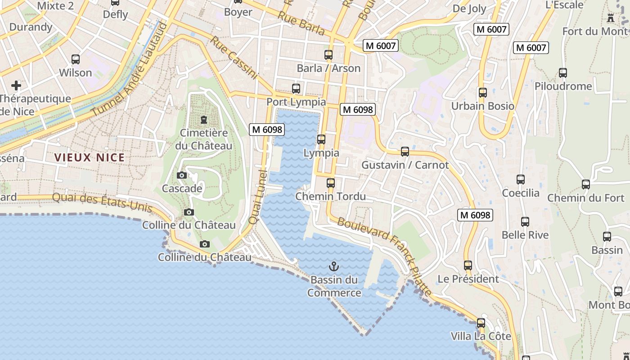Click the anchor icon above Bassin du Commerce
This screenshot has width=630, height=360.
click(x=333, y=266)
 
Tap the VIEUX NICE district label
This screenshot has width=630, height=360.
click(x=89, y=157)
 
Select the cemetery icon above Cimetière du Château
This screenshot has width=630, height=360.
click(x=204, y=120)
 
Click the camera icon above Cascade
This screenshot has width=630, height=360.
click(x=182, y=175)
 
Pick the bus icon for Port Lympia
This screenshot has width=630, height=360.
click(x=296, y=89)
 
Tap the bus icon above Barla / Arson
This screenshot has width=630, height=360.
click(x=328, y=55)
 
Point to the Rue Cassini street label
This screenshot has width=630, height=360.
click(x=234, y=58)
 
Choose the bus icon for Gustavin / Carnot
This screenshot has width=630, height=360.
click(x=405, y=152)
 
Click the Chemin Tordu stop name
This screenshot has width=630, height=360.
click(x=330, y=197)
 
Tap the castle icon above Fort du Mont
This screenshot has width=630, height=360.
click(x=611, y=18)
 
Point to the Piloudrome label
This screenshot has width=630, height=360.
click(x=563, y=86)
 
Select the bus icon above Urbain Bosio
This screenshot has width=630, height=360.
click(x=482, y=93)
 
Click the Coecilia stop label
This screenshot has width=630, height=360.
click(x=521, y=193)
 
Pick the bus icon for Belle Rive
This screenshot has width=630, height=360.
click(x=525, y=221)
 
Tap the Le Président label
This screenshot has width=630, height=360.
click(x=468, y=279)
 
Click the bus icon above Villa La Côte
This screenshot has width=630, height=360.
click(x=481, y=323)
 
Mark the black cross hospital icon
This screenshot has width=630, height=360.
click(x=16, y=85)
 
